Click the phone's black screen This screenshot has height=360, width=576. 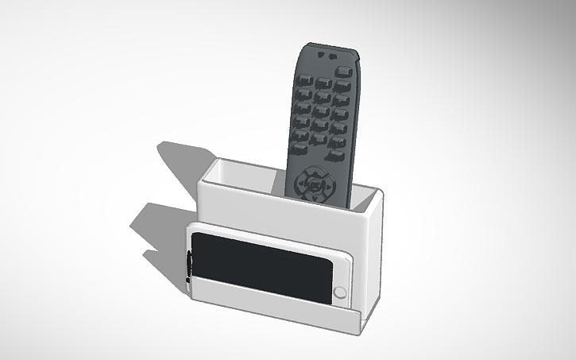262,268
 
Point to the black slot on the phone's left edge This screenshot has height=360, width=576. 189,265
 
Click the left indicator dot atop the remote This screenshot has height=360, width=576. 319,56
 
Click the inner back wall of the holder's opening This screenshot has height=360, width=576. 246,176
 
